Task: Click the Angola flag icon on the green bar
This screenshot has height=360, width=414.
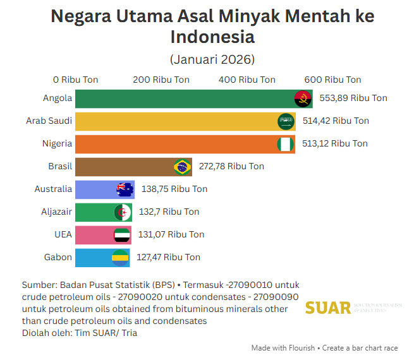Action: click(x=303, y=99)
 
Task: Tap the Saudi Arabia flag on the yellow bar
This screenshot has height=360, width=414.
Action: click(x=286, y=121)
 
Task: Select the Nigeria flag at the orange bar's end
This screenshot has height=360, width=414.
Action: click(x=286, y=144)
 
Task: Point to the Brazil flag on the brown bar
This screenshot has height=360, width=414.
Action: click(x=183, y=167)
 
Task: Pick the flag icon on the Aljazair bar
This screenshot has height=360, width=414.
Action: click(x=123, y=212)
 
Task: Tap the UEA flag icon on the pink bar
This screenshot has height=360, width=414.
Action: click(x=121, y=235)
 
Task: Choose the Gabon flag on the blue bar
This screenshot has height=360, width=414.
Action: click(x=120, y=258)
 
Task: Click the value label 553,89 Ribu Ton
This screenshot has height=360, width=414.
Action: click(x=353, y=99)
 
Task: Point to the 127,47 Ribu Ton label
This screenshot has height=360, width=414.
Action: click(x=168, y=258)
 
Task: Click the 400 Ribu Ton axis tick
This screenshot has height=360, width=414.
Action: click(x=247, y=80)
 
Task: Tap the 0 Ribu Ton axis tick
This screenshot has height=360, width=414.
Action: click(x=75, y=80)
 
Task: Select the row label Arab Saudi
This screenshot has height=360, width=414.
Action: click(x=49, y=121)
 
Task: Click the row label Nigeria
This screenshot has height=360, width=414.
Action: click(x=57, y=143)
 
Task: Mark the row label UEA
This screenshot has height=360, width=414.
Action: click(x=63, y=234)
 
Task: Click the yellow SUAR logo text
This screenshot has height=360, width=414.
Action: click(x=327, y=308)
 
